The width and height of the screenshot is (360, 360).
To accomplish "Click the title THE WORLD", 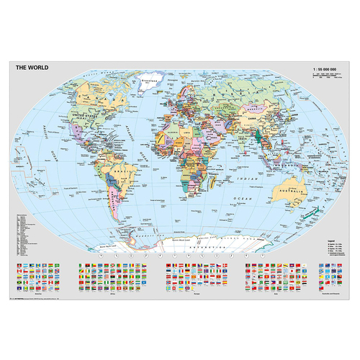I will [30, 66].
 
